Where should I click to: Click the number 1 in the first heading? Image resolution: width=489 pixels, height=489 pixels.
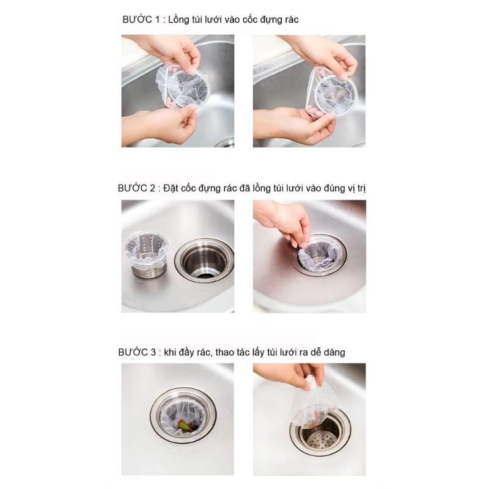tap(157, 20)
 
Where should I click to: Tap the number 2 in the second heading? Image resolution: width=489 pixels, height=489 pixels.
tap(152, 188)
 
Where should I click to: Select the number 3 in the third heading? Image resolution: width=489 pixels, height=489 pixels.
tap(153, 353)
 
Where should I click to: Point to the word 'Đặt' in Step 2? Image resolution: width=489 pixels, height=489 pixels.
tap(170, 189)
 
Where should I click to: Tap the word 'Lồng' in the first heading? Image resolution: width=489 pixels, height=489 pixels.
tap(178, 20)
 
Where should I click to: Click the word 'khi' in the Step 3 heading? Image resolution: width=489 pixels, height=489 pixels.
tap(169, 353)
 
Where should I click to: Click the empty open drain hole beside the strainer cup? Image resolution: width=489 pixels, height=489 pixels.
tap(204, 259)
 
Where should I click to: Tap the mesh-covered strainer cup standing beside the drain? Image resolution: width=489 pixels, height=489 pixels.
tap(146, 253)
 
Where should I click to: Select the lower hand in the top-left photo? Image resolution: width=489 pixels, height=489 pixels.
tap(165, 123)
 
